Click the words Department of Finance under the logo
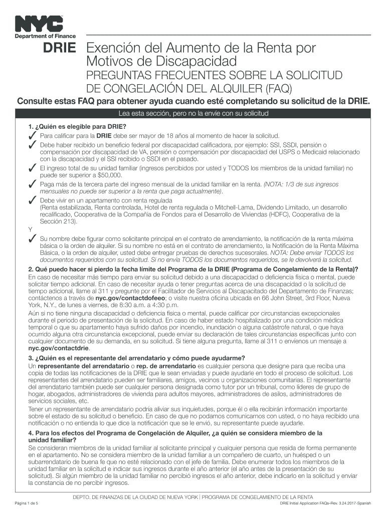[45, 36]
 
